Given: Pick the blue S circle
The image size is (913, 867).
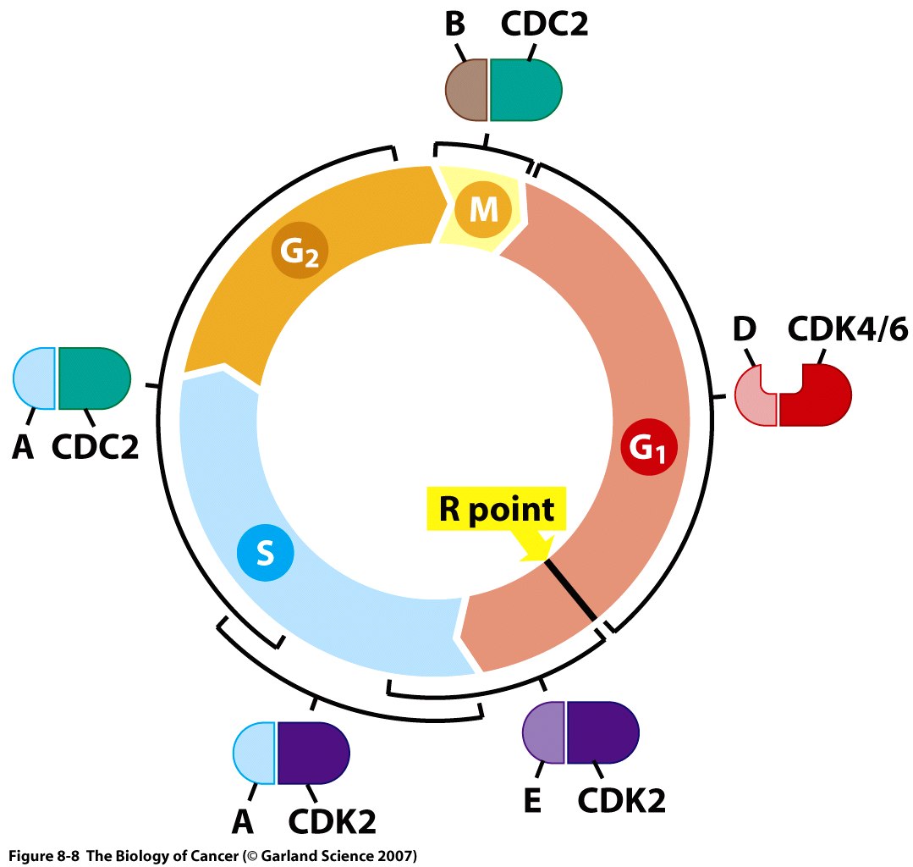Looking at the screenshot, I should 265,555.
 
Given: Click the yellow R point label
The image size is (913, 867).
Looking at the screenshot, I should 496,510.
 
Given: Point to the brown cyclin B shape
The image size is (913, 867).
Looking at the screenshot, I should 466,90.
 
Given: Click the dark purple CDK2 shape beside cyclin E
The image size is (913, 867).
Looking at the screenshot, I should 602,732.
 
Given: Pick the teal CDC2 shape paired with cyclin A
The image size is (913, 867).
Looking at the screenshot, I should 94,378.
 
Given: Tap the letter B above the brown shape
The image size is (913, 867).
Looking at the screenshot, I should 454,25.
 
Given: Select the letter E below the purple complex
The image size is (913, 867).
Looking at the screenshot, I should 531,801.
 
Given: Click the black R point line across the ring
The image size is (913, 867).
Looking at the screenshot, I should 573,589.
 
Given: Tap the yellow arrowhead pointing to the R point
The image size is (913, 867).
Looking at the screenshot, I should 539,548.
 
